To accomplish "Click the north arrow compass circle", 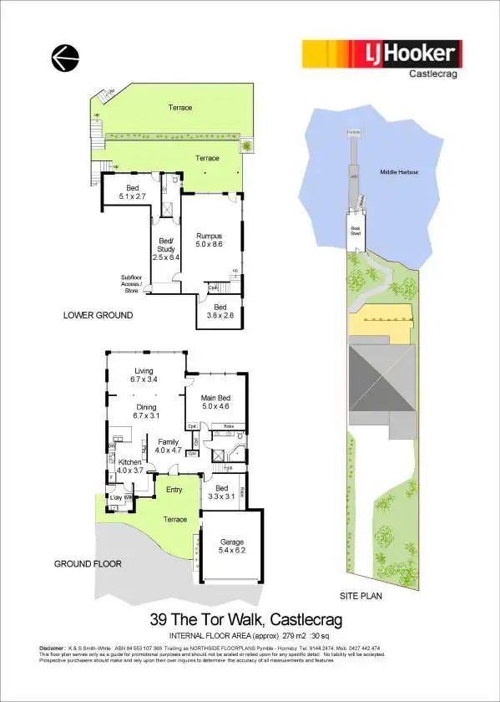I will click(64, 58).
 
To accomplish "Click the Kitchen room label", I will click(129, 465).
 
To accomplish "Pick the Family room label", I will click(164, 445).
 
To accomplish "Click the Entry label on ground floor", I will click(174, 491).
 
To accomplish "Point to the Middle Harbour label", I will click(399, 170).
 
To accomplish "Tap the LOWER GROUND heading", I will click(98, 315).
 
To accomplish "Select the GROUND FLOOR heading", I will click(88, 564).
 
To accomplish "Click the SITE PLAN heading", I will click(361, 595).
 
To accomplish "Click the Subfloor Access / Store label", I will click(129, 285).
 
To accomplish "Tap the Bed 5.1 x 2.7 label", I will click(132, 192).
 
